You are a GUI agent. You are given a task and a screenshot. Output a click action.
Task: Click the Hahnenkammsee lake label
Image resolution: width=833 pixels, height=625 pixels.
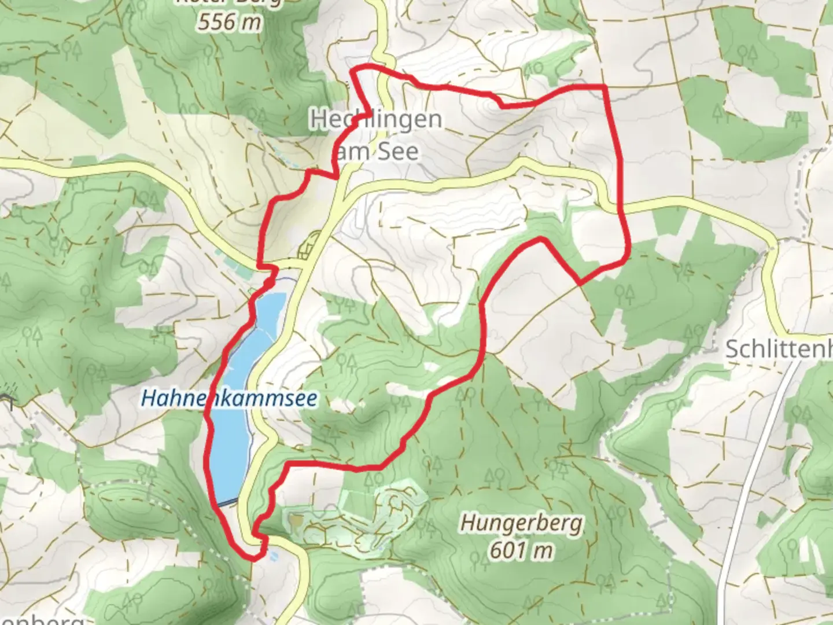coord(229,398)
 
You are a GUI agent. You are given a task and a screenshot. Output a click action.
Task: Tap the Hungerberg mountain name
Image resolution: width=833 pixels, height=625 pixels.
coord(521,524)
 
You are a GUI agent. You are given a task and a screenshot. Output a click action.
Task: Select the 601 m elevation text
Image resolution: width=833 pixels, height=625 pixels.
coord(521,550)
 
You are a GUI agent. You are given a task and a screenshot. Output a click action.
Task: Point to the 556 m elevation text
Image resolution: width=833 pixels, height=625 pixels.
coord(229,22)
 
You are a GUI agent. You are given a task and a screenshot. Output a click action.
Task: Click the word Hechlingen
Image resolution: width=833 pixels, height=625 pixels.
coord(376,120)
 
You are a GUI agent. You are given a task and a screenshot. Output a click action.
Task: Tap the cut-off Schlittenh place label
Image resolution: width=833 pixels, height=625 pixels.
coord(778,349)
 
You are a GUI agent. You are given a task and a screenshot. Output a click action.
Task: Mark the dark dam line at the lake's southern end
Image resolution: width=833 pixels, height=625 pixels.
coord(228,502)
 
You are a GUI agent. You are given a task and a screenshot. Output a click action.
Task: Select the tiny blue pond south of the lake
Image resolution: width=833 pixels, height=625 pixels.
coord(274,556)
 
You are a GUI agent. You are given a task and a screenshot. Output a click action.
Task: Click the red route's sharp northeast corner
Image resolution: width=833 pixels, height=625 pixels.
coord(605,87)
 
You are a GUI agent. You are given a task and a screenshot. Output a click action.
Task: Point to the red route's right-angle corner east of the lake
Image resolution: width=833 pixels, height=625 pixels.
coord(288,464)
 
